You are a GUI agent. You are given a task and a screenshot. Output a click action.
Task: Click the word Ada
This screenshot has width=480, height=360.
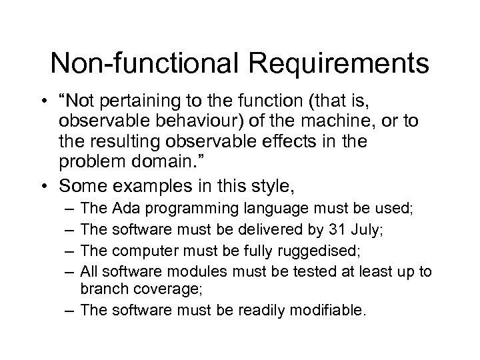coord(125,209)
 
